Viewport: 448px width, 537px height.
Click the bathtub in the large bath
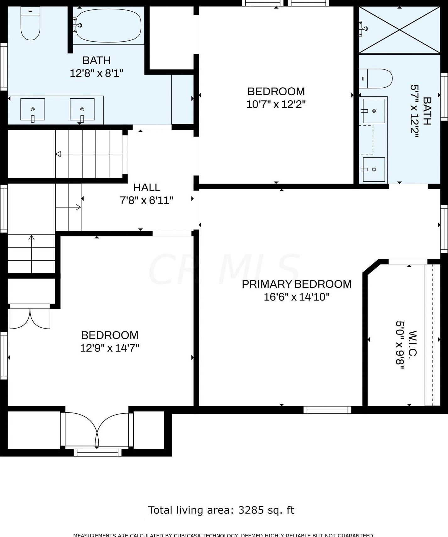click(108, 25)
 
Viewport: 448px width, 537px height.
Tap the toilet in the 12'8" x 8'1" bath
click(30, 24)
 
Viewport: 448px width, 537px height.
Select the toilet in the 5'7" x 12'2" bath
click(376, 79)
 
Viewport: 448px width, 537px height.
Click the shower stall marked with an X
click(399, 30)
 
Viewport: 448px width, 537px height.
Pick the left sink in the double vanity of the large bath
click(33, 109)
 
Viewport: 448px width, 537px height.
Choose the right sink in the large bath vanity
click(82, 109)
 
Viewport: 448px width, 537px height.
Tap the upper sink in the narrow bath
click(374, 111)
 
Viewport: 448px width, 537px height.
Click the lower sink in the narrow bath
click(374, 169)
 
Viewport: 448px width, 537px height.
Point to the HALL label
click(147, 187)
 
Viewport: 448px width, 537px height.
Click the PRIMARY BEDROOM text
click(296, 284)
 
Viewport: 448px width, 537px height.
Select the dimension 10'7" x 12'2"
click(276, 104)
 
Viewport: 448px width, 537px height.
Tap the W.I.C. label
click(412, 343)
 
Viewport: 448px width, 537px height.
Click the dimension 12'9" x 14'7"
click(109, 348)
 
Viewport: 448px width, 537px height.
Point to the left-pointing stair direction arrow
click(58, 154)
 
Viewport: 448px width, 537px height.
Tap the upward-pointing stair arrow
click(31, 238)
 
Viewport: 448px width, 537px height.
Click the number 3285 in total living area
click(251, 510)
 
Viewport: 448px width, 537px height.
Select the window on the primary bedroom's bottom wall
click(327, 410)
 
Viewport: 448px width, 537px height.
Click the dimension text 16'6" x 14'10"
click(296, 297)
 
